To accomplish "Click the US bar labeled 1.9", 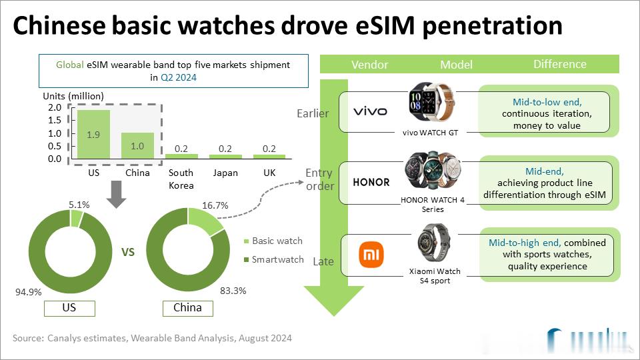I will click(93, 134).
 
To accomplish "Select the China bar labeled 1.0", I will click(137, 145).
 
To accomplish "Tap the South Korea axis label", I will click(181, 179).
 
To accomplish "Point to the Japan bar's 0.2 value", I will click(224, 148).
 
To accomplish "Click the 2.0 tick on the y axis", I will click(54, 108).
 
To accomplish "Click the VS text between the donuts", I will click(129, 253).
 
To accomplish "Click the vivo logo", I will click(369, 111).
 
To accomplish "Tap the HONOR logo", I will click(371, 182).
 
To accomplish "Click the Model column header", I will click(456, 65).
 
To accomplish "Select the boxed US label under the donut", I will click(69, 309).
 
